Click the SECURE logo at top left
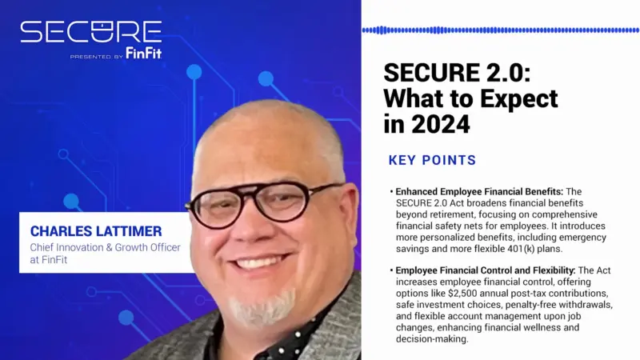click(x=90, y=32)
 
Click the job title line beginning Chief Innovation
click(x=105, y=247)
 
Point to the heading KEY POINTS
click(x=432, y=160)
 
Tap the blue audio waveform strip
click(x=499, y=30)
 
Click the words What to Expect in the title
click(x=470, y=99)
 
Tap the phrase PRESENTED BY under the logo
click(x=96, y=57)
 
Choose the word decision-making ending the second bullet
click(x=431, y=338)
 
